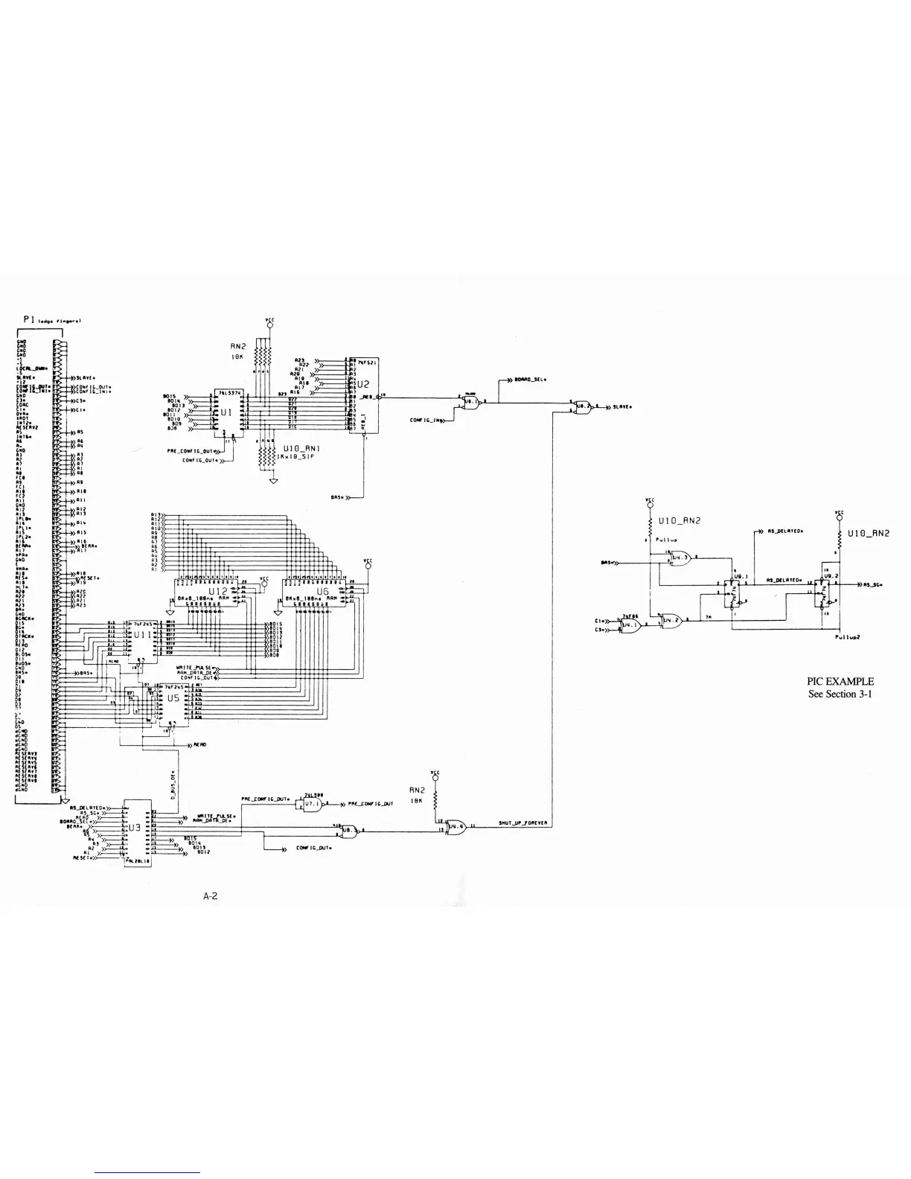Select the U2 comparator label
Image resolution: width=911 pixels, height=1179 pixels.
coord(363,385)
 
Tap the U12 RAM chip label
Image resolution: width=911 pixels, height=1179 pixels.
coord(217,591)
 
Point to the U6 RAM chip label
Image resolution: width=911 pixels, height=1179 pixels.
coord(322,591)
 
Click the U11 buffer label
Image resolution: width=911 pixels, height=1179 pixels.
coord(141,636)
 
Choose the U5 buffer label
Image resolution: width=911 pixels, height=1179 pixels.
coord(173,698)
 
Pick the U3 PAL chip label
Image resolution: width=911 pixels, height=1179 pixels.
coord(135,827)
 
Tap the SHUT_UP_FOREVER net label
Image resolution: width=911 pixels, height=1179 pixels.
coord(523,823)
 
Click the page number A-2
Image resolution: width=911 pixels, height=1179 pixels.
coord(211,896)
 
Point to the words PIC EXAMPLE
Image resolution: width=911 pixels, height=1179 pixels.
coord(840,681)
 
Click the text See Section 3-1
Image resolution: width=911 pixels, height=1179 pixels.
coord(840,694)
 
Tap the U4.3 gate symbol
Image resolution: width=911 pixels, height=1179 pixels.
coord(680,556)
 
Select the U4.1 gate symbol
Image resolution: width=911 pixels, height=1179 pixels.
coord(630,625)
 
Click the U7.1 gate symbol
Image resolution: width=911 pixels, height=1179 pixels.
coord(312,805)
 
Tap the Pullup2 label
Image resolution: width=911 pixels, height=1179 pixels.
coord(847,636)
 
